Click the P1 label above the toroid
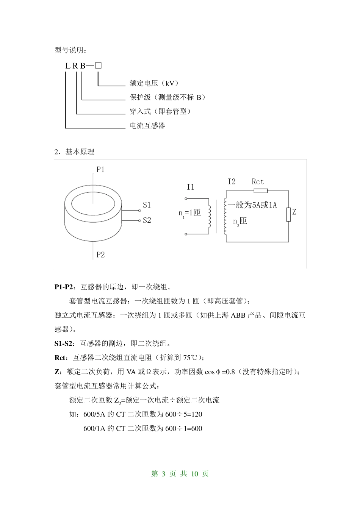click(x=100, y=170)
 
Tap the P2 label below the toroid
click(x=100, y=254)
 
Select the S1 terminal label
click(x=147, y=205)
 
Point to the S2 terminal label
click(x=147, y=220)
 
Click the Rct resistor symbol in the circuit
click(x=260, y=191)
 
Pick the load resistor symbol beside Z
click(x=288, y=214)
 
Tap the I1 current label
click(x=190, y=187)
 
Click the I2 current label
click(x=232, y=182)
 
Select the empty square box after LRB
click(x=99, y=65)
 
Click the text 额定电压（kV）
click(x=154, y=83)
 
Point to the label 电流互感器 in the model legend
click(x=147, y=125)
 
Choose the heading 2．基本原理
click(x=75, y=152)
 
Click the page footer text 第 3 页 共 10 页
click(x=180, y=474)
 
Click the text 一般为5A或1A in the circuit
click(x=252, y=205)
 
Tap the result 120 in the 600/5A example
click(x=197, y=414)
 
